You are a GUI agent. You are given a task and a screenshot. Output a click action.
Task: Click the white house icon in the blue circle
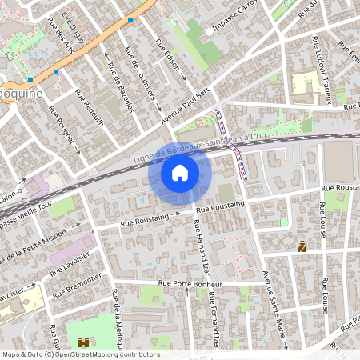pos(180,173)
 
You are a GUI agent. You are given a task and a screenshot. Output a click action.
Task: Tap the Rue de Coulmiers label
pos(141,76)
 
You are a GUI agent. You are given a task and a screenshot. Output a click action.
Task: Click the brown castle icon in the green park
pos(83,342)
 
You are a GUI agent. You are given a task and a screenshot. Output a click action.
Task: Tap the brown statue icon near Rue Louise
pos(302,247)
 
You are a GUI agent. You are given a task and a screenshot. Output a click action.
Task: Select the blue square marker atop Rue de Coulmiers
pos(130,18)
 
